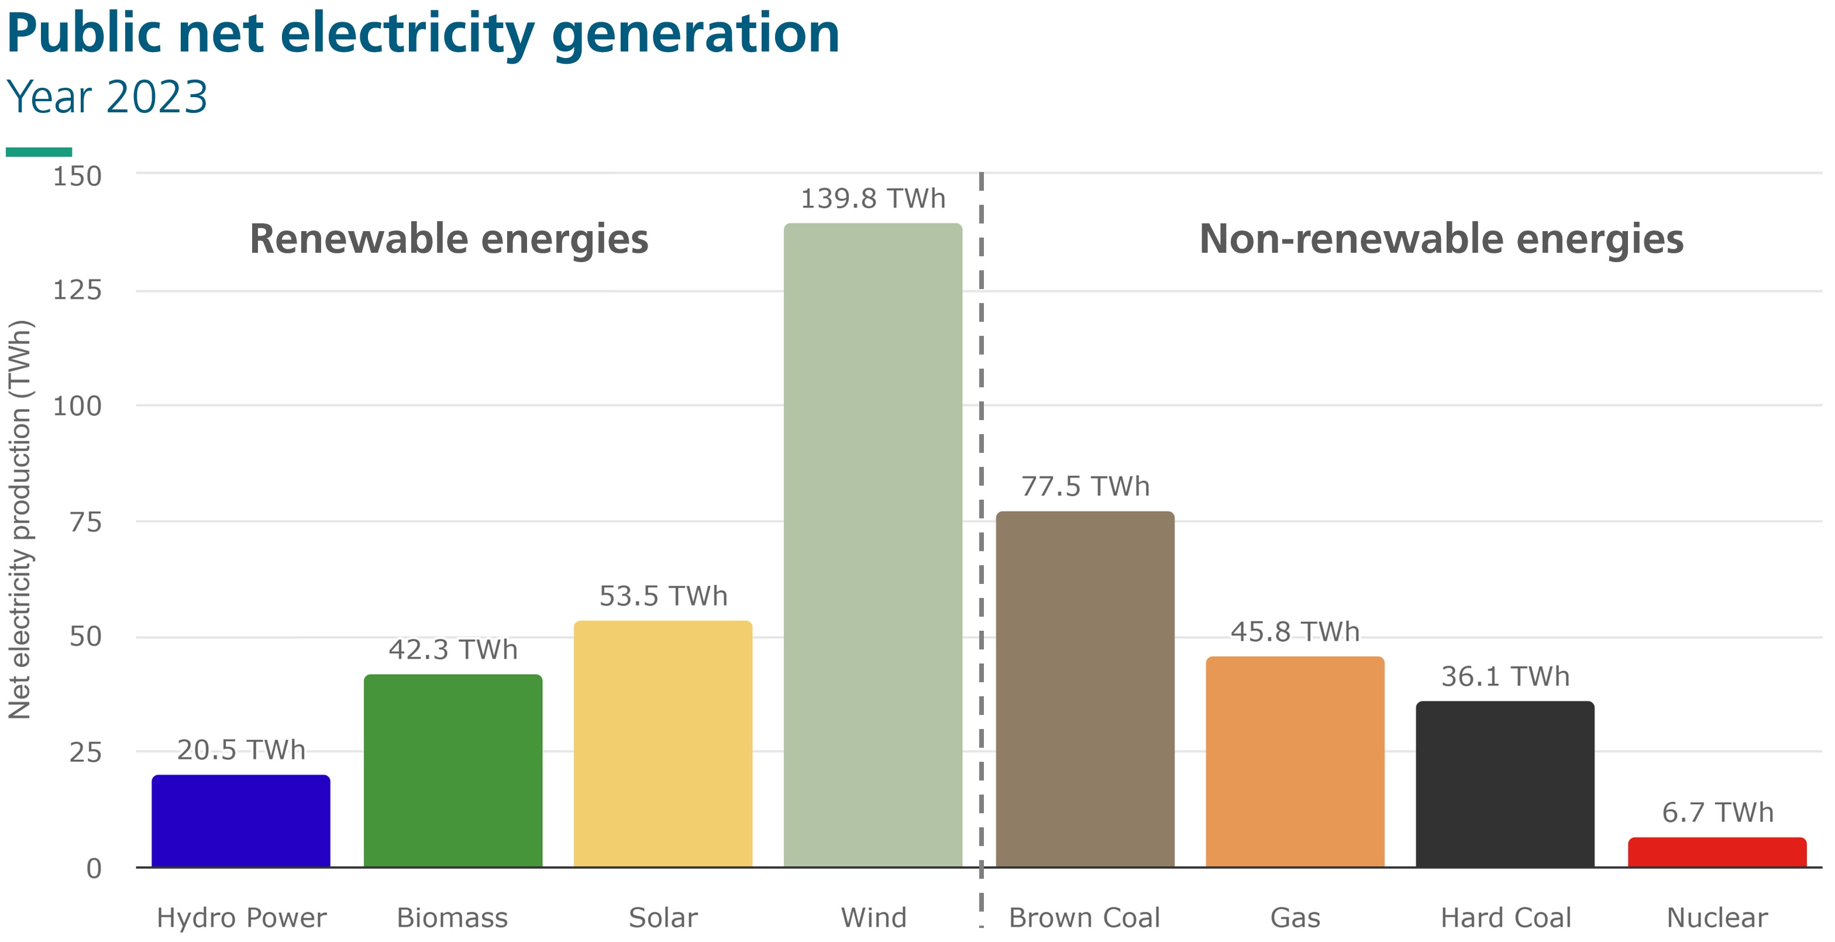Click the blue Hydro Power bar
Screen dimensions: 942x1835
(x=241, y=821)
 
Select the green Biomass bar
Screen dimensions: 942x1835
(x=453, y=771)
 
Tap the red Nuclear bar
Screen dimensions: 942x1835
(x=1717, y=852)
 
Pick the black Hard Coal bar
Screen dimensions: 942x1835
(x=1505, y=784)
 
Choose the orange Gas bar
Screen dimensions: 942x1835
(x=1295, y=762)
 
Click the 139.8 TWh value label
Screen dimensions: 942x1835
(x=873, y=199)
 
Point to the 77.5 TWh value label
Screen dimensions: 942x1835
(x=1085, y=487)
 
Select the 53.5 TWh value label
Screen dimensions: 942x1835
(x=663, y=596)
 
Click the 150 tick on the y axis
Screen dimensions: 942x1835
(x=78, y=176)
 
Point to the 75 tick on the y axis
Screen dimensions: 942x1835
(x=85, y=522)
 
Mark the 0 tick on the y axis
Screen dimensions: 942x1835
(x=94, y=869)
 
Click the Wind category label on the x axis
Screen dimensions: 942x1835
(x=873, y=918)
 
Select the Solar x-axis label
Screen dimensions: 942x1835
(x=663, y=918)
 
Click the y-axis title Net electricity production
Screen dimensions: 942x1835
(x=20, y=520)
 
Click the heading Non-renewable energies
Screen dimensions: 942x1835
(x=1441, y=239)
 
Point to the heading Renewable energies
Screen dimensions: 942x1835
(x=449, y=239)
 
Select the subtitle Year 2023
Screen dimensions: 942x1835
(x=107, y=97)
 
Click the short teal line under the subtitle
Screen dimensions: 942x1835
(x=39, y=152)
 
